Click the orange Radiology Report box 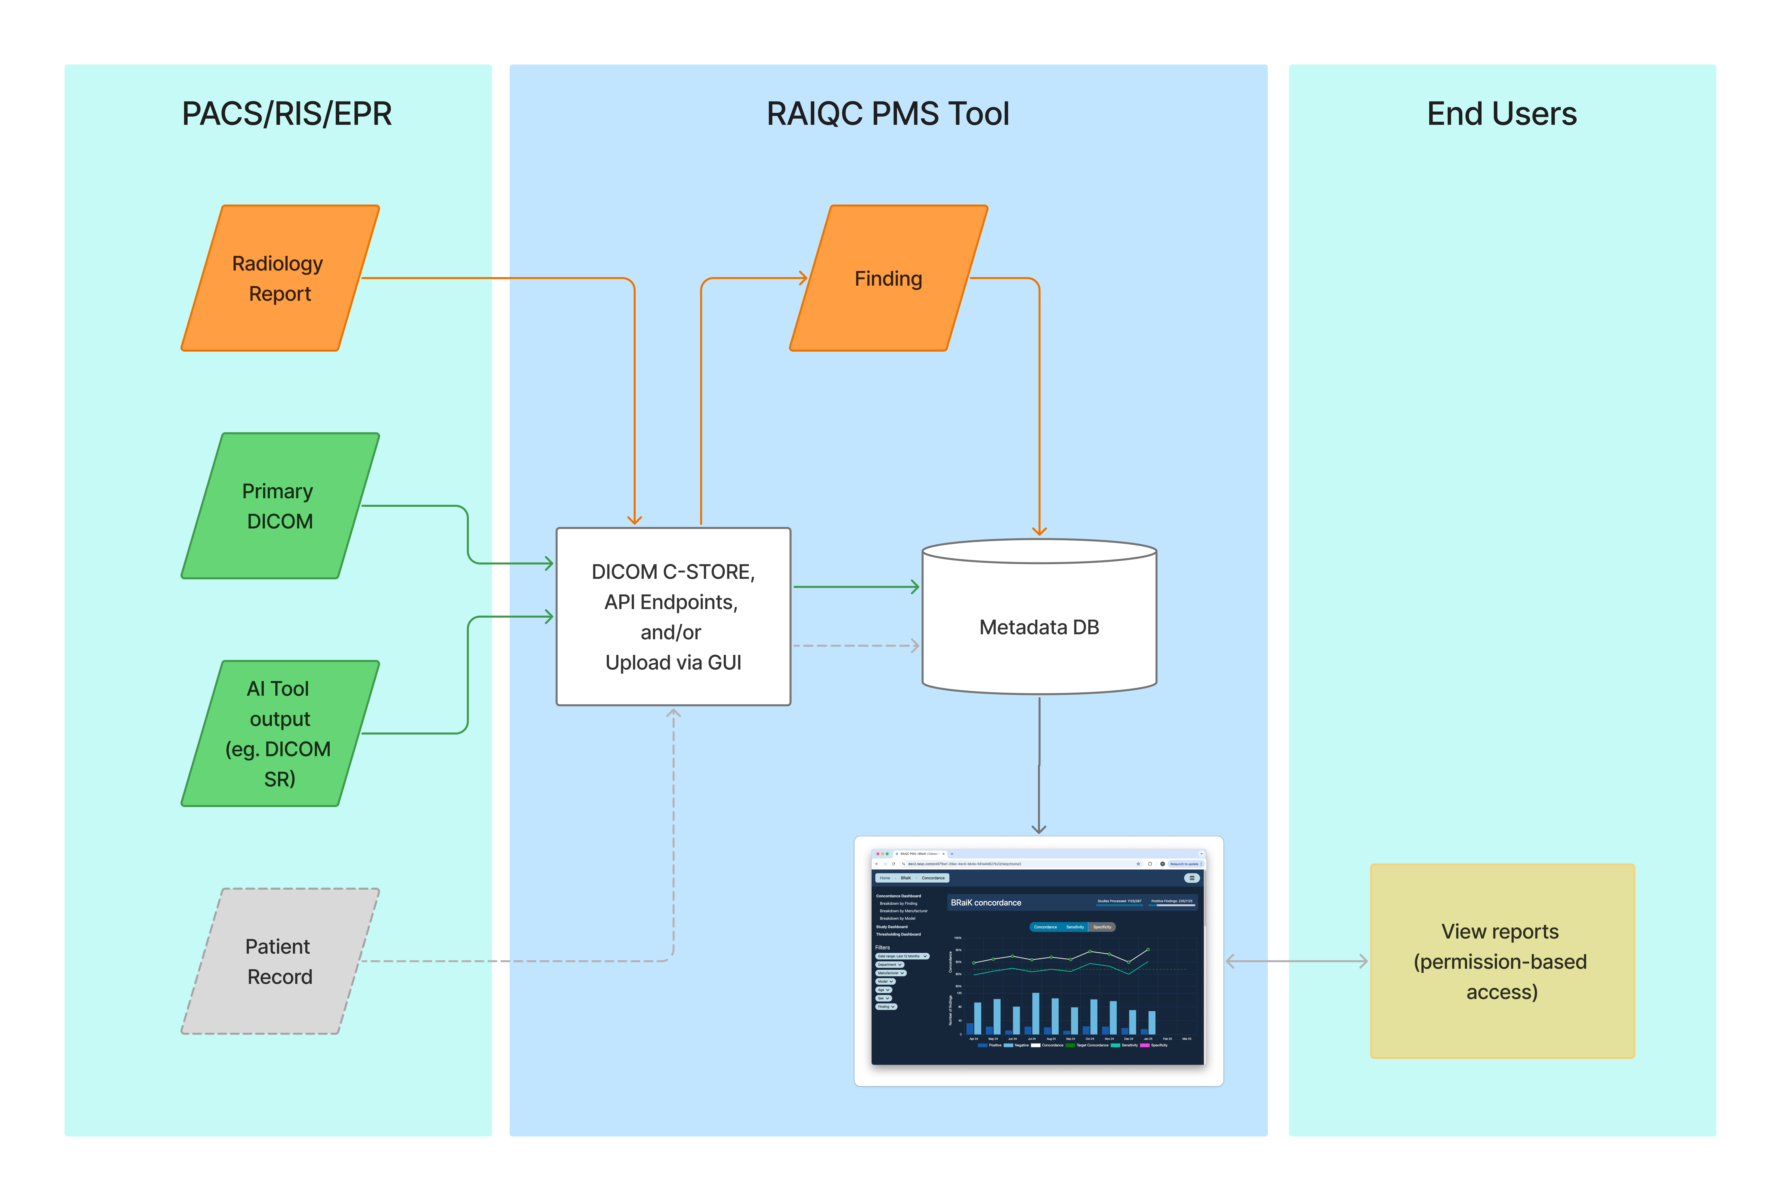[x=280, y=278]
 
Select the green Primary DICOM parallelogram [x=280, y=506]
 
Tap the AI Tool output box [x=280, y=733]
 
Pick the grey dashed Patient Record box [x=280, y=961]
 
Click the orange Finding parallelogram [x=888, y=278]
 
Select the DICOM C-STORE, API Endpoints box [x=673, y=617]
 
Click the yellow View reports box [x=1501, y=961]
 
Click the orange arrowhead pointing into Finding [x=802, y=278]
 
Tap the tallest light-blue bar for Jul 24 [x=1035, y=1013]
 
